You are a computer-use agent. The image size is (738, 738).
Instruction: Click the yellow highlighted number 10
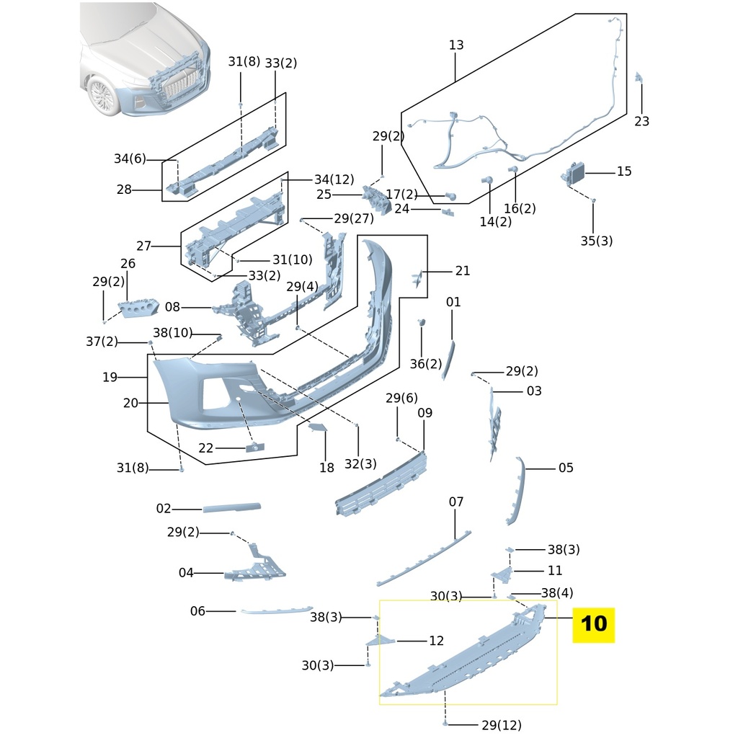click(593, 623)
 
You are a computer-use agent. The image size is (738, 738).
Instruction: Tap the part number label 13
click(456, 45)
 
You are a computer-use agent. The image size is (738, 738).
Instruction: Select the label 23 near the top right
click(641, 121)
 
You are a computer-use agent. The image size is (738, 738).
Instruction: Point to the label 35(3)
click(596, 241)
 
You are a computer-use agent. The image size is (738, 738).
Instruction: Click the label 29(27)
click(353, 218)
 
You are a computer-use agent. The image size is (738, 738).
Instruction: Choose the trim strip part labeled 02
click(231, 508)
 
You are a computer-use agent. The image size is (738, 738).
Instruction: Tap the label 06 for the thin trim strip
click(197, 611)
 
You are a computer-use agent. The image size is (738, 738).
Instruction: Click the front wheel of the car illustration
click(104, 97)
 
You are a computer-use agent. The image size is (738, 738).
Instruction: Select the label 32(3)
click(360, 464)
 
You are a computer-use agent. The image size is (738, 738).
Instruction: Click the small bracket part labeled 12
click(382, 640)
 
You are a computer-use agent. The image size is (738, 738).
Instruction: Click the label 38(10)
click(173, 332)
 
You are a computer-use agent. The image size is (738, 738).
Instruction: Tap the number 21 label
click(462, 271)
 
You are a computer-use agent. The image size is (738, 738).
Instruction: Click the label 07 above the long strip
click(456, 502)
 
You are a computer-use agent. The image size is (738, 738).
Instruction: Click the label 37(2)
click(102, 342)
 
